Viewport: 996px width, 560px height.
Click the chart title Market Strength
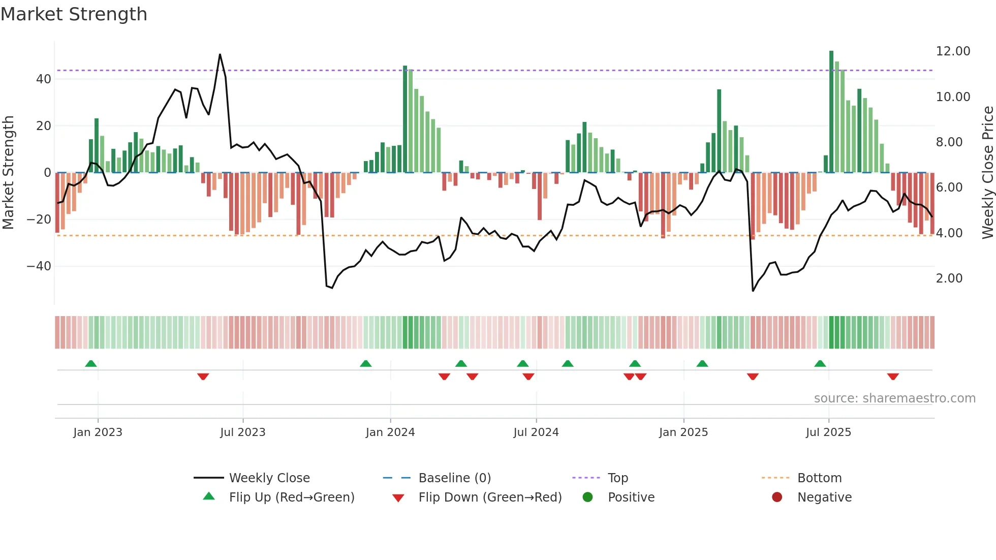[74, 14]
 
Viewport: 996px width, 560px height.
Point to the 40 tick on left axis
[44, 79]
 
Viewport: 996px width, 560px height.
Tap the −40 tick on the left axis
[39, 266]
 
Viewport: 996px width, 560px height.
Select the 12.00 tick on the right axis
[953, 51]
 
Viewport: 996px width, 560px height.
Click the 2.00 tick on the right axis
[949, 278]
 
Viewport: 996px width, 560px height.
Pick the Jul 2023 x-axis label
[242, 432]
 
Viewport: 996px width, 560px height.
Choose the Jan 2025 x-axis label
[683, 432]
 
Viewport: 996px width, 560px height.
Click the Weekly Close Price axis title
[987, 173]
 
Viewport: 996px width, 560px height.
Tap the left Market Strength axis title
[8, 173]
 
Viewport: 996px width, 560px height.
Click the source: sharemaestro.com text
[894, 398]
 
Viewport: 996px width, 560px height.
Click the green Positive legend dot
[587, 497]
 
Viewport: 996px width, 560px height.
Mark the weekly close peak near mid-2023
[220, 54]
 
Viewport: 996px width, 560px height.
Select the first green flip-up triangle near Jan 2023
[91, 363]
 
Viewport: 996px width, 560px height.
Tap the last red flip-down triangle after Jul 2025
[893, 377]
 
